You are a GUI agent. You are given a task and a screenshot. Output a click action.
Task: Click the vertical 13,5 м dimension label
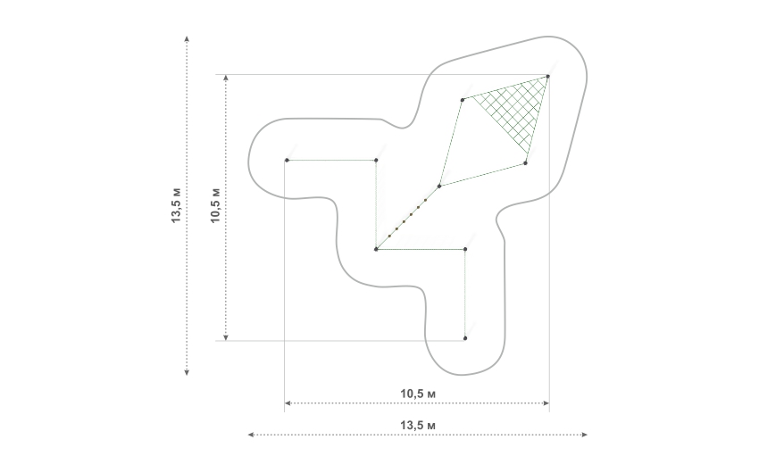pos(177,204)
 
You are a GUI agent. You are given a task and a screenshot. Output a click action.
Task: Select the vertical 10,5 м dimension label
pos(215,205)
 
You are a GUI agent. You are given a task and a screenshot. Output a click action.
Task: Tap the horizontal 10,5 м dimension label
pos(418,394)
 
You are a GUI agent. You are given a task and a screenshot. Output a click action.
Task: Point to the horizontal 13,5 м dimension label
pos(418,425)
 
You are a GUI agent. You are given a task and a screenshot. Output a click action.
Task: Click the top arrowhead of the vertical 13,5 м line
pos(187,38)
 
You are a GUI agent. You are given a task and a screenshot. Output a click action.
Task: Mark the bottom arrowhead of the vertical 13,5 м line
pos(187,372)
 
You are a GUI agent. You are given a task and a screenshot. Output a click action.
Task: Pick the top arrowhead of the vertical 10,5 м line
pos(226,78)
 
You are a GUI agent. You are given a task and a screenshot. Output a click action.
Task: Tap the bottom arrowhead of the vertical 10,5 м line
pos(226,337)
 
